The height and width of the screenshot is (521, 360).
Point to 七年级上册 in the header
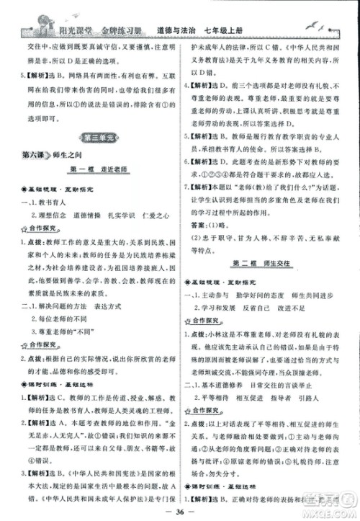[234, 30]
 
